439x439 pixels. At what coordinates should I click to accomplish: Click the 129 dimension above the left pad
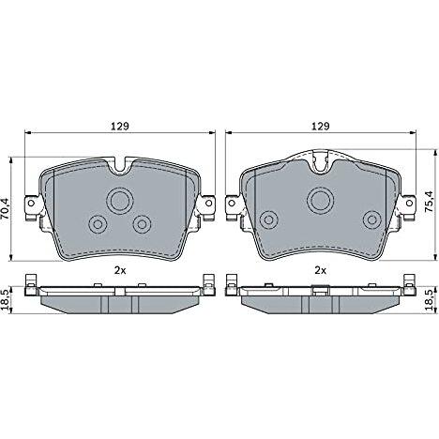(120, 126)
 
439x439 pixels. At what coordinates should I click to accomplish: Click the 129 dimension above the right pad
(321, 126)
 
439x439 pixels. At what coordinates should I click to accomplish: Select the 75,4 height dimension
(430, 202)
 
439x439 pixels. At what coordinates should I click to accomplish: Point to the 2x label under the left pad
(120, 270)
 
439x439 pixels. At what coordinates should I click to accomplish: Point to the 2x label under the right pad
(320, 270)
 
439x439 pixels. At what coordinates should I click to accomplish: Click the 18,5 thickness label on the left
(6, 300)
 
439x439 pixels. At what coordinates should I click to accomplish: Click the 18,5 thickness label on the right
(430, 299)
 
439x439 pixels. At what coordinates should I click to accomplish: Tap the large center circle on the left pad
(120, 201)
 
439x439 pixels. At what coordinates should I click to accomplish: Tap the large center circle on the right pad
(320, 201)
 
